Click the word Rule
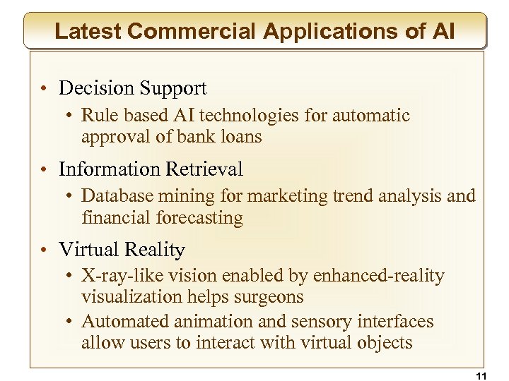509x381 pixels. (97, 115)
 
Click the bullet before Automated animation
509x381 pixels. (73, 322)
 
